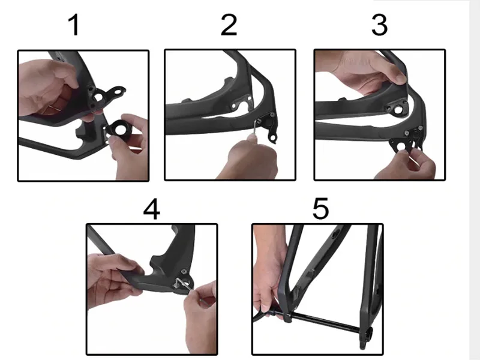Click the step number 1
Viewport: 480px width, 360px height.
74,25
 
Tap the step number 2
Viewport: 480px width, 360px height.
229,25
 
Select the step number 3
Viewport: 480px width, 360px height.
380,25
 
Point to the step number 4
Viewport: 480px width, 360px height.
152,209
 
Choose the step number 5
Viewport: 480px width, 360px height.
320,209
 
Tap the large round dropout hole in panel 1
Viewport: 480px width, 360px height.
98,97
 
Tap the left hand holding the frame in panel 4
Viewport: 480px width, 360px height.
113,275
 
